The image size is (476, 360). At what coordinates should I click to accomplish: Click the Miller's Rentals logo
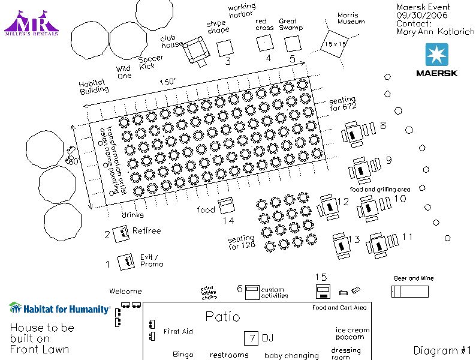click(32, 23)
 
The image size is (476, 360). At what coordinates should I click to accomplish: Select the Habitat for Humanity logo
click(59, 309)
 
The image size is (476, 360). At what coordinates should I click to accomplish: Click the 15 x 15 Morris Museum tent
click(336, 44)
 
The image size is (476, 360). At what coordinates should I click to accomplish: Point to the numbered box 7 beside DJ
click(252, 338)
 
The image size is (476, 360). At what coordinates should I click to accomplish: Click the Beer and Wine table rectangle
click(410, 291)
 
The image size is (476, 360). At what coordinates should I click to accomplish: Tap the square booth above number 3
click(225, 47)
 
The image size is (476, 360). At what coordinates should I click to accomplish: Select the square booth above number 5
click(293, 44)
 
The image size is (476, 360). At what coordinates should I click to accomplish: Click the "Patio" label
click(222, 317)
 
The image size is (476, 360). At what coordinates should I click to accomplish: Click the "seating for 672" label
click(342, 103)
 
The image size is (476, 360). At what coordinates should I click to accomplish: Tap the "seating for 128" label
click(242, 242)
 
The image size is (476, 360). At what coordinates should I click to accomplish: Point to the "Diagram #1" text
click(442, 350)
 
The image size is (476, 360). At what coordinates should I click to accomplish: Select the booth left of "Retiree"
click(122, 232)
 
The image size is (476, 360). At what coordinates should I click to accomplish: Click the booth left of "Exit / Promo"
click(126, 262)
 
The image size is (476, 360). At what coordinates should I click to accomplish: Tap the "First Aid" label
click(178, 331)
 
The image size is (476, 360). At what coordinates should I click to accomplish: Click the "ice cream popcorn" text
click(353, 334)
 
